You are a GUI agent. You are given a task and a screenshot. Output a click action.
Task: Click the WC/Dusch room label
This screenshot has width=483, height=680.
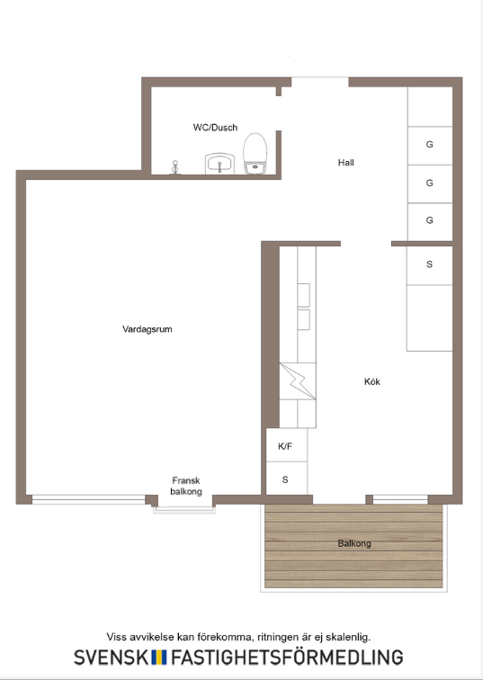click(215, 128)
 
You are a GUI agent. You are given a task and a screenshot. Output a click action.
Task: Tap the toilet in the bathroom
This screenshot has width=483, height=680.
click(255, 154)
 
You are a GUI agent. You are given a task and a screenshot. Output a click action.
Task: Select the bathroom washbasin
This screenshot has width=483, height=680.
click(219, 164)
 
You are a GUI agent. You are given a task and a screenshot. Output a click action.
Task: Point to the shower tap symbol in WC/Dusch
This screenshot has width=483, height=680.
click(175, 167)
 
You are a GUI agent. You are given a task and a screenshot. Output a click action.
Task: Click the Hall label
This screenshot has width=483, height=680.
click(346, 163)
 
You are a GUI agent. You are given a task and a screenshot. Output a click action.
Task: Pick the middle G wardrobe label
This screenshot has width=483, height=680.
click(429, 183)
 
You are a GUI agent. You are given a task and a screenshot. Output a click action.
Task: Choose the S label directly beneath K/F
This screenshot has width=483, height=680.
click(285, 479)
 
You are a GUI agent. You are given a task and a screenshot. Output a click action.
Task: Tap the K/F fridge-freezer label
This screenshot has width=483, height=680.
click(285, 446)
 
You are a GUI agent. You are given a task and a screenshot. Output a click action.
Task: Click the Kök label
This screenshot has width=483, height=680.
click(372, 381)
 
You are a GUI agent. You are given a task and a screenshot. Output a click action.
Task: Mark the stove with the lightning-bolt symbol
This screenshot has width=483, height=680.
click(298, 380)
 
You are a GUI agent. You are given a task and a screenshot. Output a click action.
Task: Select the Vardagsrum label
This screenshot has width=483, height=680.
click(148, 329)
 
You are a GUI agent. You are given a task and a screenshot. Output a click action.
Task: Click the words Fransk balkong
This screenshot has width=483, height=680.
click(186, 486)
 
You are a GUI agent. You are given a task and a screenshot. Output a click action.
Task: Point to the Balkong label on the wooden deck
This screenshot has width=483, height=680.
click(354, 543)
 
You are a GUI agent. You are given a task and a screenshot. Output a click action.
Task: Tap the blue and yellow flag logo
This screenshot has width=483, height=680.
click(159, 657)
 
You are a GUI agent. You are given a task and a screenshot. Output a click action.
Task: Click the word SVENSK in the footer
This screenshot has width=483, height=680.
click(111, 657)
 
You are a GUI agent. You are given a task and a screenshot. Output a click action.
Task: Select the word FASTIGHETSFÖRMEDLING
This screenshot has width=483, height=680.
click(287, 657)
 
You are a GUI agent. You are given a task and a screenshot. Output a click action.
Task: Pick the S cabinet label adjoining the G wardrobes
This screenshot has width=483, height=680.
click(429, 264)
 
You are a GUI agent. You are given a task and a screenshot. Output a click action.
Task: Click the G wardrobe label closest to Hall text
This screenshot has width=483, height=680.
click(429, 145)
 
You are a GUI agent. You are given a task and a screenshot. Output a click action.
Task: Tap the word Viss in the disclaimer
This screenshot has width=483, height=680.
click(117, 637)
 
